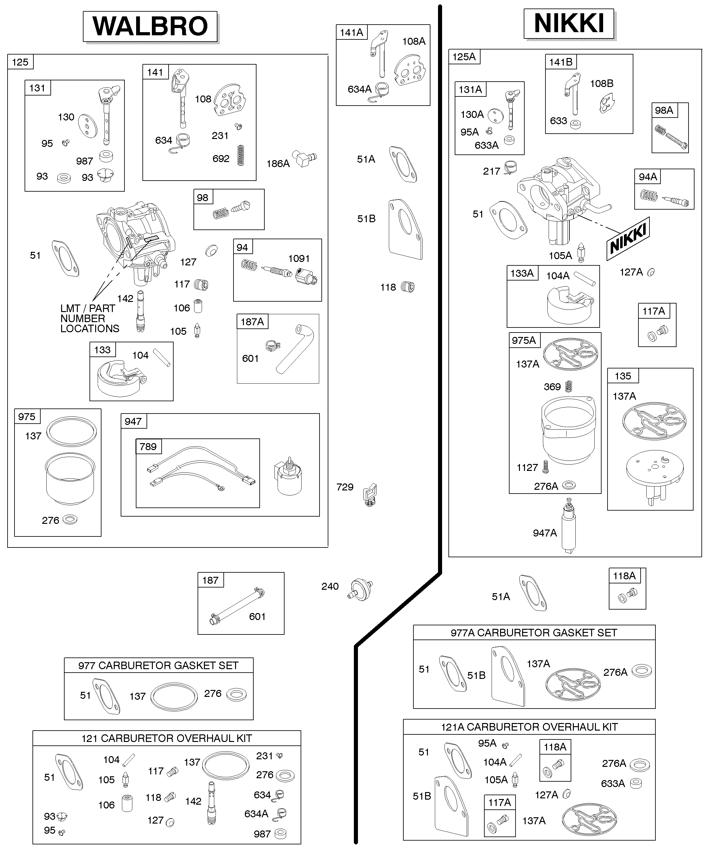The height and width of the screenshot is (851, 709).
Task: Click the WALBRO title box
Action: click(x=150, y=26)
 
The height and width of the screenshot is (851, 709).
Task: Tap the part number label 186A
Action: click(x=278, y=164)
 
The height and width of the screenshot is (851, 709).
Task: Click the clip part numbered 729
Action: click(x=370, y=495)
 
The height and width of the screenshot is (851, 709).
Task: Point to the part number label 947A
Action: click(x=545, y=533)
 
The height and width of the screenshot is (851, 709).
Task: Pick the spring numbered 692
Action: click(x=241, y=155)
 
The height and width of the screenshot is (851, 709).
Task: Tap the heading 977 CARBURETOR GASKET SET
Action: click(x=159, y=665)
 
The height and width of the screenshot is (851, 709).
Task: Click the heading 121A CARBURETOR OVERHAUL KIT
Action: click(x=529, y=727)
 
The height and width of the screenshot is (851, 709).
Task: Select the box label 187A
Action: click(x=252, y=322)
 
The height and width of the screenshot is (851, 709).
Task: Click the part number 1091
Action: click(x=299, y=258)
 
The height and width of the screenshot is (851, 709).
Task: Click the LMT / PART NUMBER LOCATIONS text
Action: click(x=90, y=319)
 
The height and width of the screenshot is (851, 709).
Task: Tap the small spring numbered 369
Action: click(x=568, y=386)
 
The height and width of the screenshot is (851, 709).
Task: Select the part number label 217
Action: click(x=492, y=171)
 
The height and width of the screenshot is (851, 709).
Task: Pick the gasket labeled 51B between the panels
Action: click(x=405, y=229)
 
